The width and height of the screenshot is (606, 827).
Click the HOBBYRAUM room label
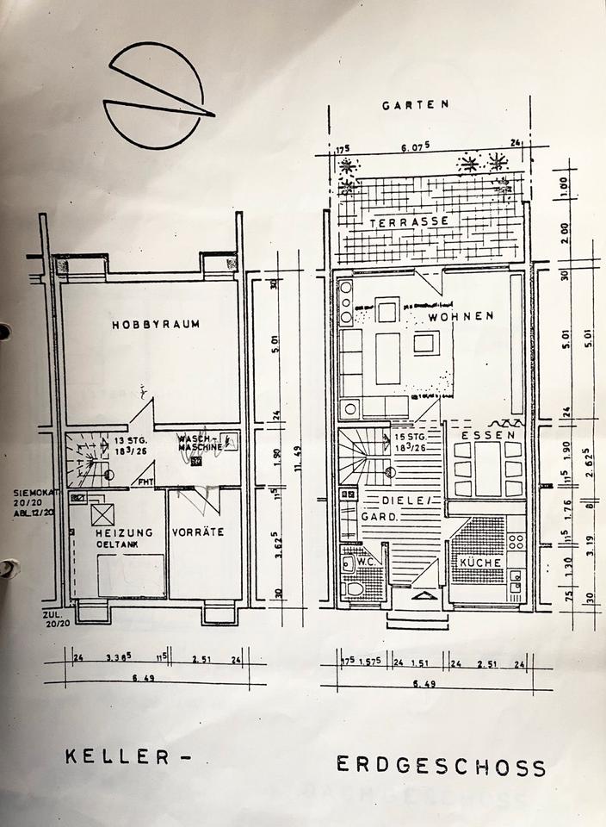[156, 325]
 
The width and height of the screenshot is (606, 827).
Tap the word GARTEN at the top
[416, 105]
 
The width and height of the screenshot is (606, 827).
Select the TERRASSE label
[410, 221]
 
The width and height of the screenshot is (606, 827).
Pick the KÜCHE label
[480, 563]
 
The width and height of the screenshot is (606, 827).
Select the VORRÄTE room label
[198, 532]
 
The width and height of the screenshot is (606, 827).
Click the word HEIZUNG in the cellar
[124, 532]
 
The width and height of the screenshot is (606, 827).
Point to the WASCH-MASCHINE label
[200, 443]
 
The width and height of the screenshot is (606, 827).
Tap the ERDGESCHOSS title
[440, 766]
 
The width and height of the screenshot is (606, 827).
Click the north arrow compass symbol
[156, 96]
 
